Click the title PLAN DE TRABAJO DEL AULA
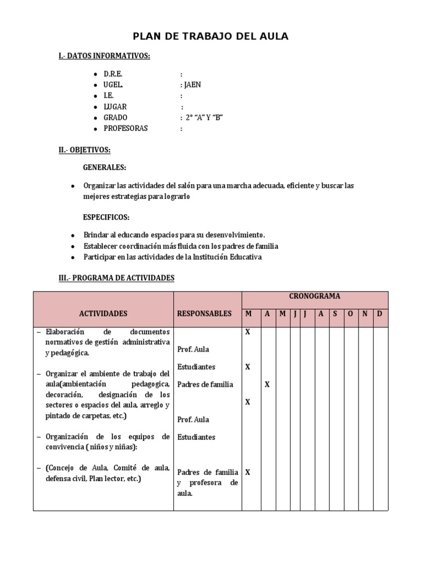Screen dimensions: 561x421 coord(211,37)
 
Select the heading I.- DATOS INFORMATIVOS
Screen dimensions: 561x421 coord(104,56)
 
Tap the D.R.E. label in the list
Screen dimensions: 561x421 coord(113,74)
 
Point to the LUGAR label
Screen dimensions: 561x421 coord(115,107)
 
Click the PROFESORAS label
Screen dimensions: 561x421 coord(126,129)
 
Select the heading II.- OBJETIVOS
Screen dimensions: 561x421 coord(84,150)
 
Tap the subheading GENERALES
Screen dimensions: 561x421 coord(105,167)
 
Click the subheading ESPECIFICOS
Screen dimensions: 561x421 coord(106,217)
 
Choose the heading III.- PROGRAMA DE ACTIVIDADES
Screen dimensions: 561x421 coord(116,278)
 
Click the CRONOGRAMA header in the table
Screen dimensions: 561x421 coord(315,296)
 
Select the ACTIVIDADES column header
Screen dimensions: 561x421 coord(103,314)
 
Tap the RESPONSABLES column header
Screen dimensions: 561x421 coord(204,314)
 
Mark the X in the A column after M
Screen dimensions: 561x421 coord(267,385)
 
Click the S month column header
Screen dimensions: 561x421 coord(335,314)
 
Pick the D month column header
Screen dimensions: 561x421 coord(379,314)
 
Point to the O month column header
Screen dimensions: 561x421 coord(350,314)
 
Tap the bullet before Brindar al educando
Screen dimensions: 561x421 coord(73,235)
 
